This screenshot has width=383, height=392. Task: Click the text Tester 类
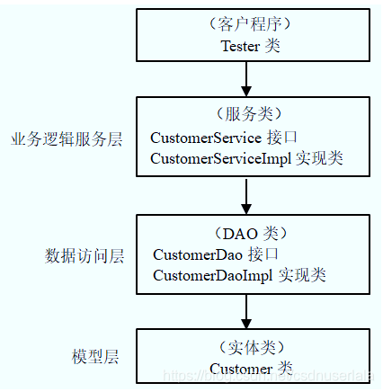coord(251,46)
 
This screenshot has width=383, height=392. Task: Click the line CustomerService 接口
coord(218,138)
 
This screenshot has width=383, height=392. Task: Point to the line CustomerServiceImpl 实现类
coord(246,158)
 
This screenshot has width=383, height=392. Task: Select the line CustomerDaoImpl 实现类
coord(239,275)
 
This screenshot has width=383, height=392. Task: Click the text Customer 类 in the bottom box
coord(251,368)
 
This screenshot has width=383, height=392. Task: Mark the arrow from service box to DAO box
coord(245,195)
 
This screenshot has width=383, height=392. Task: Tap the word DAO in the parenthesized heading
coord(240,232)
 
